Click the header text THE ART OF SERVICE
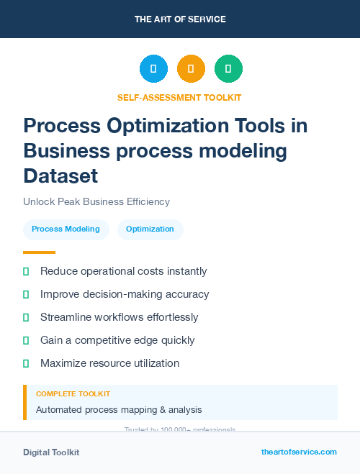click(x=180, y=19)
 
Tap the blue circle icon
click(x=153, y=69)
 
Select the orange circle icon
click(x=191, y=69)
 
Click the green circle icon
click(x=228, y=69)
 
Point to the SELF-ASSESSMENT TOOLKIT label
click(x=179, y=97)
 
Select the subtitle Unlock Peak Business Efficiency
click(x=96, y=202)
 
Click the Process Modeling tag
click(x=66, y=229)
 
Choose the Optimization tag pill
click(x=150, y=229)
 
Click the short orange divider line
click(x=39, y=252)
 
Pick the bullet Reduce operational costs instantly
click(x=123, y=271)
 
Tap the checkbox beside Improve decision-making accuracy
click(x=26, y=294)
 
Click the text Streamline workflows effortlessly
click(x=119, y=317)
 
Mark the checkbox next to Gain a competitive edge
click(x=26, y=340)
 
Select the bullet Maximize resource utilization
click(x=109, y=363)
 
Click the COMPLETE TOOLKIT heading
click(x=73, y=394)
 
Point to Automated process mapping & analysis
click(x=119, y=410)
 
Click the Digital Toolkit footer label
click(x=51, y=452)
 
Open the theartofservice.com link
click(x=299, y=452)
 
